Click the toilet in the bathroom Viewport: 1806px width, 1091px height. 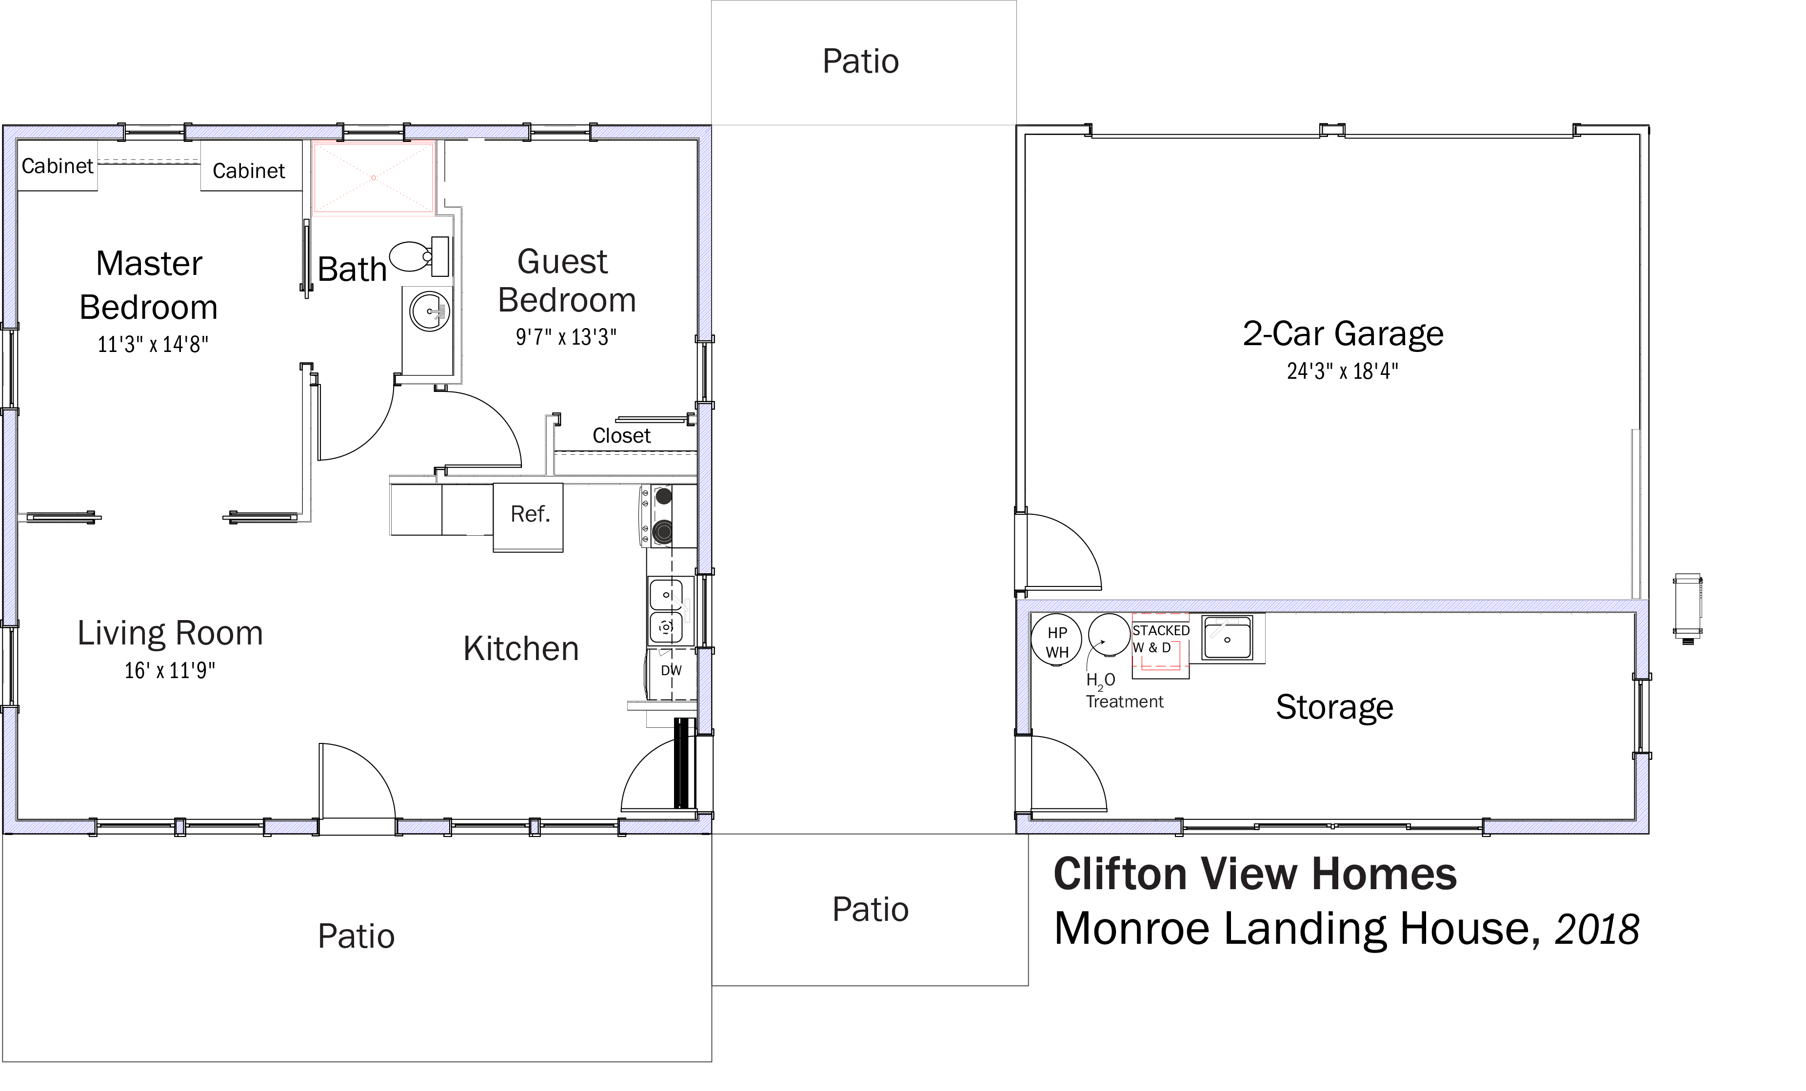(419, 256)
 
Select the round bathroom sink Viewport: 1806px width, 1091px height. (430, 312)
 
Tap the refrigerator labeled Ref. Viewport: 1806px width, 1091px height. (529, 517)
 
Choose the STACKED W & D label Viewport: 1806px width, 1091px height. (1160, 639)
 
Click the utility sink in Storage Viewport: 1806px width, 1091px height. (1227, 638)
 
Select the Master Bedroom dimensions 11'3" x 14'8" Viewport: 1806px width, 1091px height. (153, 344)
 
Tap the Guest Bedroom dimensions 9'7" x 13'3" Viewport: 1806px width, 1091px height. (566, 337)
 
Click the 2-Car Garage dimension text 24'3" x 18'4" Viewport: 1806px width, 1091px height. (1342, 371)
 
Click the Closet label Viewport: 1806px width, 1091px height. (621, 436)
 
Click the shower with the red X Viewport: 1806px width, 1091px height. (374, 178)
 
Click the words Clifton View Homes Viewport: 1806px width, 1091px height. (1255, 874)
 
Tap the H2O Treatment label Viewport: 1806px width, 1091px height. (1124, 691)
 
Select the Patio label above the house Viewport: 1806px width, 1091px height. (860, 61)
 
